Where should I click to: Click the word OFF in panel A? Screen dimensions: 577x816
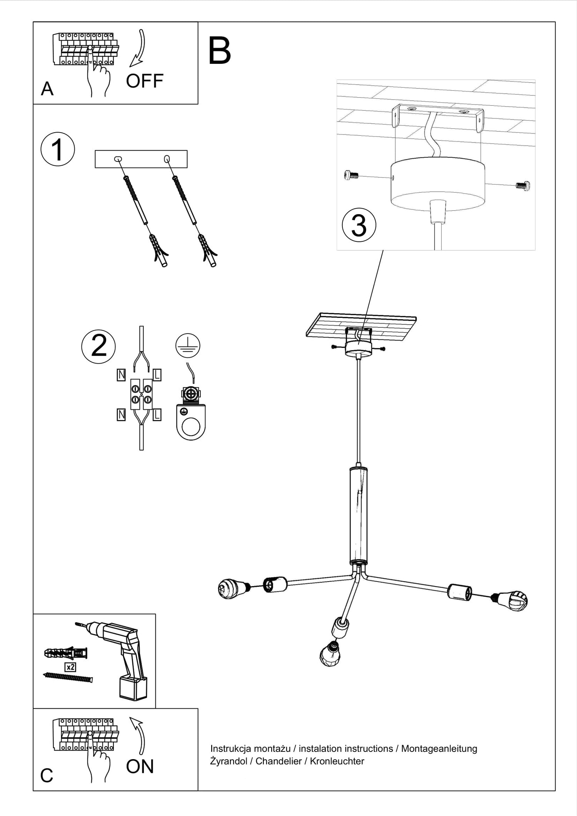pyautogui.click(x=145, y=81)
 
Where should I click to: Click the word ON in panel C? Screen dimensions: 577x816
pyautogui.click(x=140, y=766)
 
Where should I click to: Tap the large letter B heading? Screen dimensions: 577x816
pyautogui.click(x=219, y=51)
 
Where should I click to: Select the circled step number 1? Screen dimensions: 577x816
pyautogui.click(x=58, y=149)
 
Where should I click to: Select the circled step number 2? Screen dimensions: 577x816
pyautogui.click(x=98, y=346)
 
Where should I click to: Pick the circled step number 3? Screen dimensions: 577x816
pyautogui.click(x=359, y=225)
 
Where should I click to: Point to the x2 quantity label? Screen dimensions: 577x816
pyautogui.click(x=70, y=667)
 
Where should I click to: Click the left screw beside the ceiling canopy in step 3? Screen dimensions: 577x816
pyautogui.click(x=351, y=175)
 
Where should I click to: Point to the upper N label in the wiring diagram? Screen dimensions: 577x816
pyautogui.click(x=121, y=375)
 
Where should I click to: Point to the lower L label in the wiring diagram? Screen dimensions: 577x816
pyautogui.click(x=157, y=415)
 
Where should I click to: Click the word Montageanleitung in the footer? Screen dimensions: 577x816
pyautogui.click(x=439, y=749)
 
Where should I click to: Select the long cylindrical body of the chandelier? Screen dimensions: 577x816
pyautogui.click(x=359, y=515)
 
